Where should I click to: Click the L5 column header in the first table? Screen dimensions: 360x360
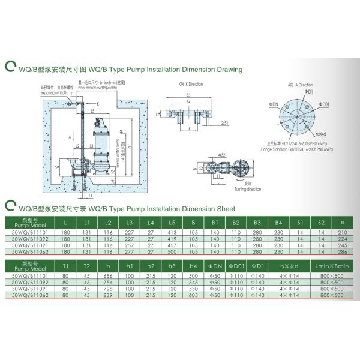click(172, 223)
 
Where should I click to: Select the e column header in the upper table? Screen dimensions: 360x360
click(343, 223)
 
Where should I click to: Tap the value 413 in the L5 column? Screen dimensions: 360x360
click(172, 233)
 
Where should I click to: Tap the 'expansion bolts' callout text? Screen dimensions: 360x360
click(51, 94)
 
